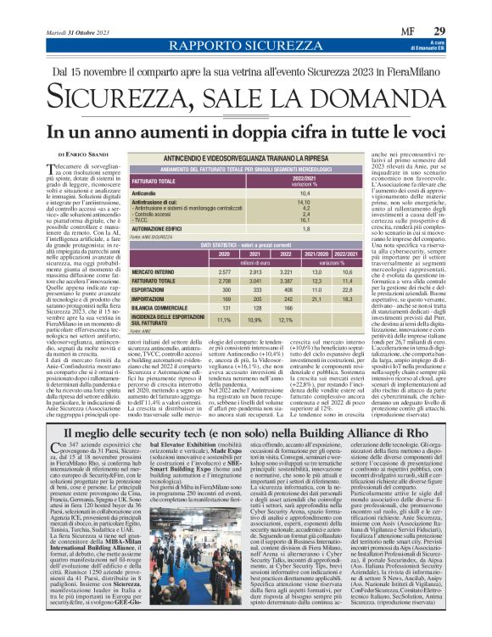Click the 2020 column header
223,254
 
